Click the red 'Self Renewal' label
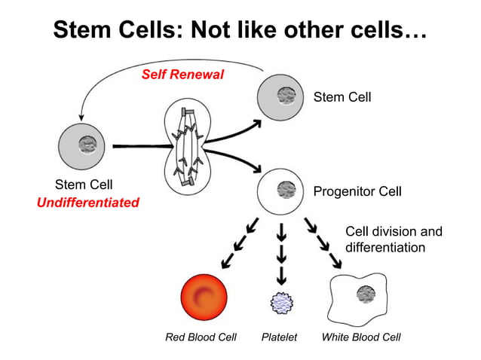pyautogui.click(x=182, y=75)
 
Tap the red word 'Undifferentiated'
pyautogui.click(x=89, y=202)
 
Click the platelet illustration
pyautogui.click(x=282, y=302)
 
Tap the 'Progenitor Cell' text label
pyautogui.click(x=357, y=191)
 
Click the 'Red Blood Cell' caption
pyautogui.click(x=201, y=337)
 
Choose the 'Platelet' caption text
pyautogui.click(x=279, y=337)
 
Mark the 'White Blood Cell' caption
pyautogui.click(x=360, y=337)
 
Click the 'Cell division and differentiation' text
pyautogui.click(x=394, y=239)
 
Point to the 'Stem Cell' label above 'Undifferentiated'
pyautogui.click(x=84, y=185)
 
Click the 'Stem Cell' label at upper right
pyautogui.click(x=342, y=97)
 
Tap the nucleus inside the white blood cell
pyautogui.click(x=367, y=293)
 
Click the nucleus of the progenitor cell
pyautogui.click(x=285, y=188)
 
